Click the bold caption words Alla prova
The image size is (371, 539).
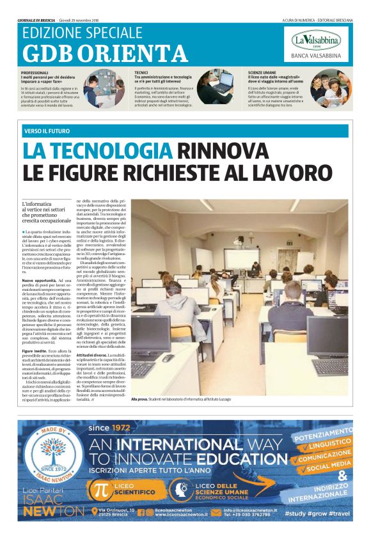coord(139,400)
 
